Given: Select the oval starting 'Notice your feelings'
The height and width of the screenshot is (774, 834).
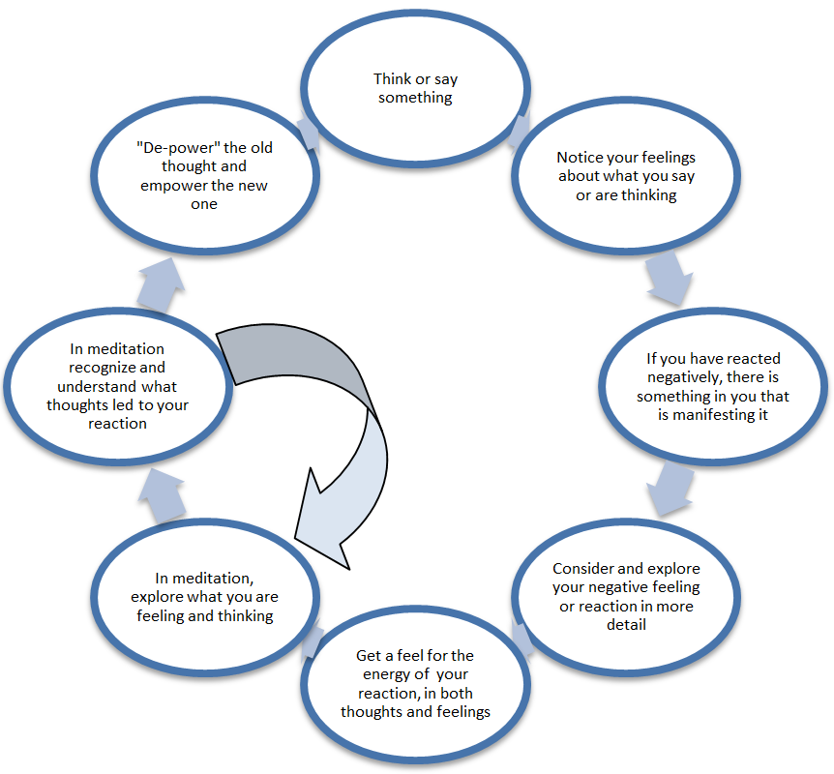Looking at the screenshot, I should (x=625, y=175).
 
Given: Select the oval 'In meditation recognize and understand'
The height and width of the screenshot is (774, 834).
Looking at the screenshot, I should (x=117, y=384).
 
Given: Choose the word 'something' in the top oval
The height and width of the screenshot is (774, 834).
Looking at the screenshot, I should (x=415, y=98).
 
